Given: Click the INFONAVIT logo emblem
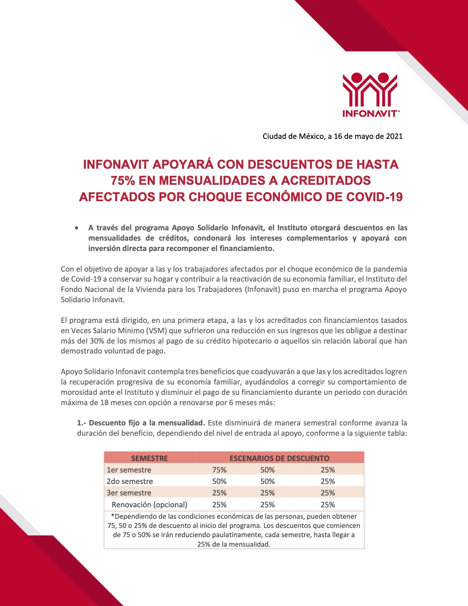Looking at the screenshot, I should (370, 90).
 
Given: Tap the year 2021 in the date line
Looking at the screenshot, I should (394, 136).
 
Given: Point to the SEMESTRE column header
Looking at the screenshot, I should (149, 458).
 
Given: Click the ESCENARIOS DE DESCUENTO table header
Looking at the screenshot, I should (279, 458).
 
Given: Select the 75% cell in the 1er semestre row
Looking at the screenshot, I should (219, 470).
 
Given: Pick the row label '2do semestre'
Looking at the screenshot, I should (130, 481).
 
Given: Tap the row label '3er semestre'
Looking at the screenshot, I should (129, 493).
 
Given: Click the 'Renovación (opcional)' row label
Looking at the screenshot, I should (149, 505).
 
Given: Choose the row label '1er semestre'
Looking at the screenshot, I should (129, 470).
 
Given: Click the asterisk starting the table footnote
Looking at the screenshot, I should (112, 516).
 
